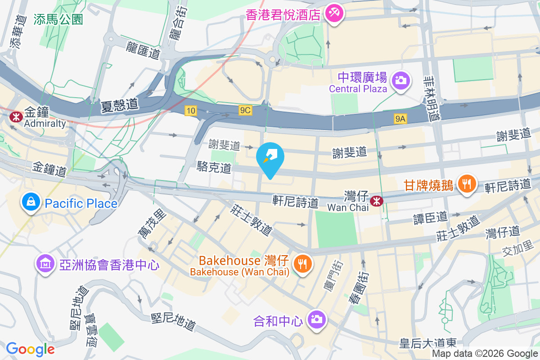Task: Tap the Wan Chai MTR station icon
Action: tap(375, 201)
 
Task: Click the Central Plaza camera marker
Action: tap(399, 81)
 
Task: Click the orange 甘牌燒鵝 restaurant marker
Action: tap(467, 184)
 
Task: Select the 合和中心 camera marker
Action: tap(317, 320)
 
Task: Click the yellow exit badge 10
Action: tap(190, 110)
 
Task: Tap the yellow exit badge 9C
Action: tap(245, 110)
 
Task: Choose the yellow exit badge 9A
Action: tap(400, 118)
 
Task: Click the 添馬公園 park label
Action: tap(58, 19)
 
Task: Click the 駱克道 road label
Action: tap(214, 168)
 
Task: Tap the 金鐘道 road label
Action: tap(49, 170)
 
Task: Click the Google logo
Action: tap(30, 349)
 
